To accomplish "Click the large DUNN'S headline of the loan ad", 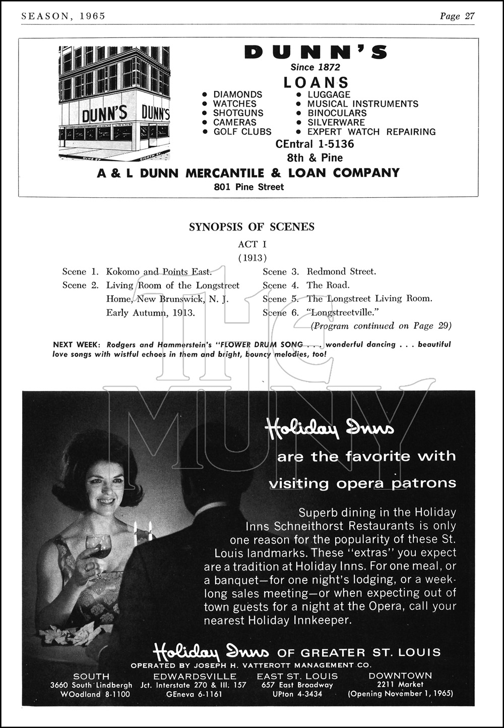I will click(316, 52).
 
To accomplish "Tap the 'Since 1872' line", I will click(315, 67).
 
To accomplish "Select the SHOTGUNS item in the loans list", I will click(238, 113).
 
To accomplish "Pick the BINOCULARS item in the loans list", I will click(337, 113).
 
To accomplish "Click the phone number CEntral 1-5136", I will click(314, 144).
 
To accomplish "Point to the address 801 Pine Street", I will click(248, 187).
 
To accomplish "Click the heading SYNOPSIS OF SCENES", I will click(251, 227).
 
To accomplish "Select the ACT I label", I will click(252, 245).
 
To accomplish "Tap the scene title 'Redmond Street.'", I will click(341, 271).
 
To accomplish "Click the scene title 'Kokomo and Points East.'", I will click(159, 272).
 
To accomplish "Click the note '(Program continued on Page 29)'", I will click(381, 326).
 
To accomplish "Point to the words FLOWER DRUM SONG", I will click(261, 345).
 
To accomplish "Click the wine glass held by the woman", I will click(99, 545).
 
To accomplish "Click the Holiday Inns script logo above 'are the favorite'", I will click(330, 429).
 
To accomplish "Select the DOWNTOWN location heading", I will click(400, 676).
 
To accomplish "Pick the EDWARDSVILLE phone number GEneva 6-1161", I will click(194, 694).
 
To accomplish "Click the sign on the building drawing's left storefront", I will click(104, 114).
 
